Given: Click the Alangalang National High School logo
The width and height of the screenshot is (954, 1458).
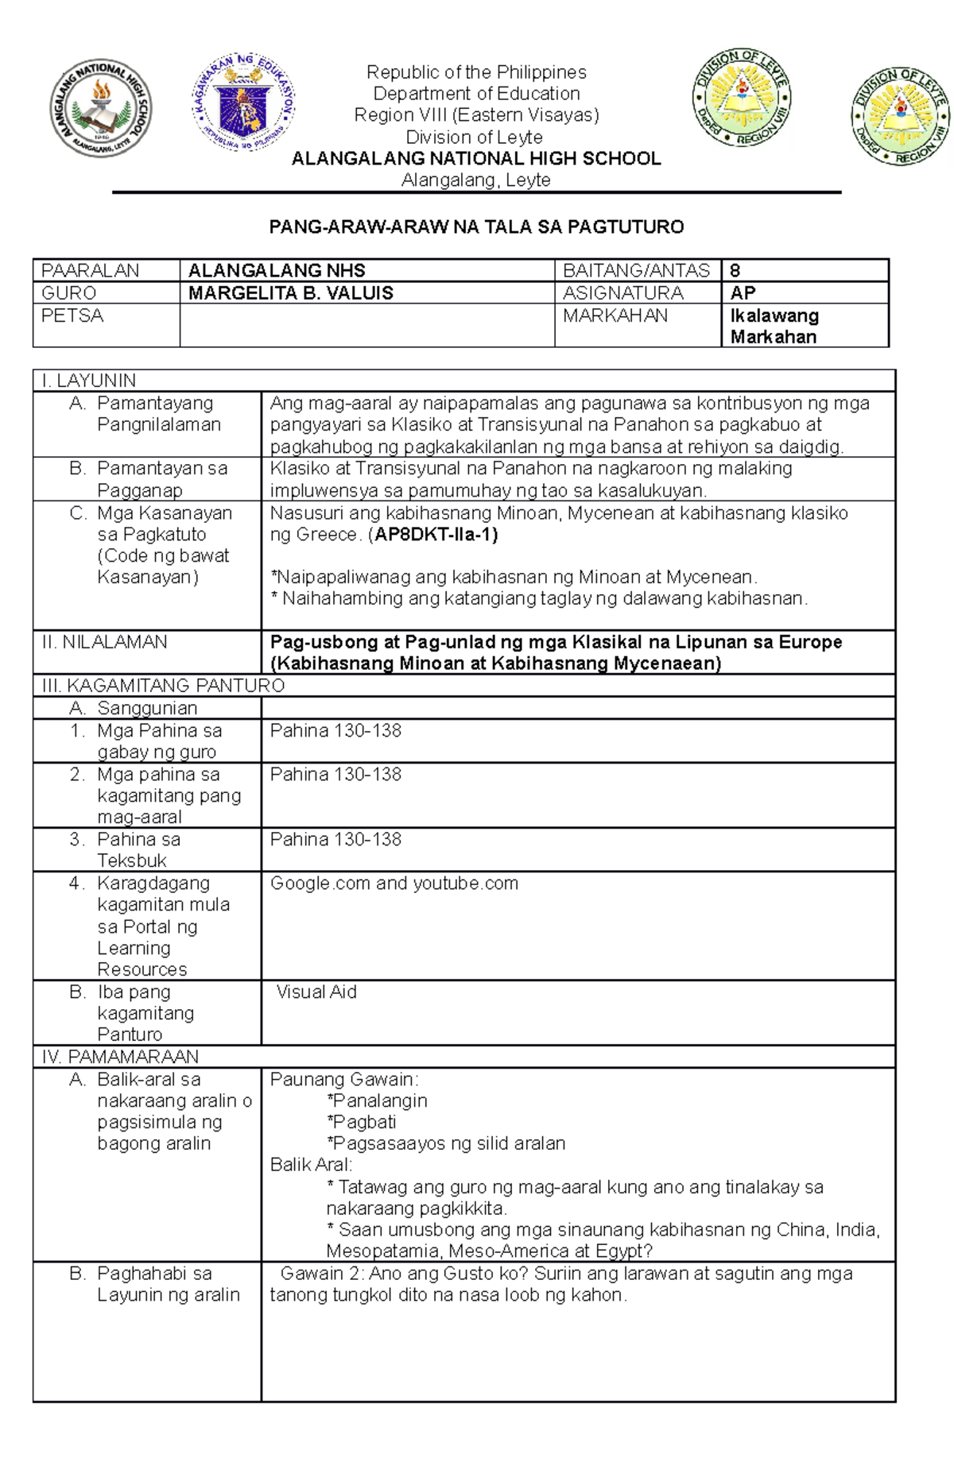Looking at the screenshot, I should click(101, 108).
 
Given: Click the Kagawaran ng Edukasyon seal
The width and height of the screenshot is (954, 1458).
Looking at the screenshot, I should click(243, 102).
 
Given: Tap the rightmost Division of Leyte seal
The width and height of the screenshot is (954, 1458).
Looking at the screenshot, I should click(901, 116).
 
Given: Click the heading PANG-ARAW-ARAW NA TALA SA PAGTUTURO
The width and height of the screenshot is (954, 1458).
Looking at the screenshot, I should click(476, 227).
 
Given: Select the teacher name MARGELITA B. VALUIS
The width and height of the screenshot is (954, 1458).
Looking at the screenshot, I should click(291, 293).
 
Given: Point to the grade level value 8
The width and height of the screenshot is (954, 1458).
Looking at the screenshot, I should click(735, 271).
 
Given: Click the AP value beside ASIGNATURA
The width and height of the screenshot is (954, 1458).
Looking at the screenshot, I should click(743, 293).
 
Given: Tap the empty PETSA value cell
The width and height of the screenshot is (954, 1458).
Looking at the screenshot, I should click(366, 326).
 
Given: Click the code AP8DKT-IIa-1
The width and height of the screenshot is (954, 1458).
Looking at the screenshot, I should click(436, 535).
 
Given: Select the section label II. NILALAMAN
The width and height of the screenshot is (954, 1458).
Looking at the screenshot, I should click(104, 642).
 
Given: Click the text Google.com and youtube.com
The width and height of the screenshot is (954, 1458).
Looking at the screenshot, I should click(394, 884).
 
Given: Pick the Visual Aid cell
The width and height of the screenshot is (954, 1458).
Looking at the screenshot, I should click(316, 992).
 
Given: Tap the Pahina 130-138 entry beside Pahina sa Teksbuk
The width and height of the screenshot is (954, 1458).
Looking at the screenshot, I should click(335, 840).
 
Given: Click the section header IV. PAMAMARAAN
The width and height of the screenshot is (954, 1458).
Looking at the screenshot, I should click(120, 1057).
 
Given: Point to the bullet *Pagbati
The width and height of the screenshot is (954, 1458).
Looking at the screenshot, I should click(361, 1122).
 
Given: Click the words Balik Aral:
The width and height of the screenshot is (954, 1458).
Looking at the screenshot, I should click(311, 1165).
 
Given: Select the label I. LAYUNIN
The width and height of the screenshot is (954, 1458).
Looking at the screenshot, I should click(89, 381).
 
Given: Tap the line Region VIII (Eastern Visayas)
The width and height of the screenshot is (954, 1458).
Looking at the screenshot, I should click(476, 115).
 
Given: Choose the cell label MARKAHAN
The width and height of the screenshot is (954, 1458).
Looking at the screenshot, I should click(615, 316).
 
